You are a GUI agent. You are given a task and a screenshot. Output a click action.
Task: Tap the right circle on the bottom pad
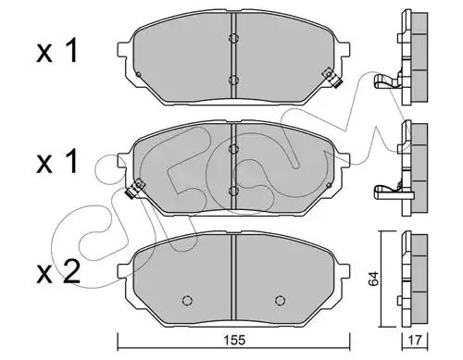(x=281, y=300)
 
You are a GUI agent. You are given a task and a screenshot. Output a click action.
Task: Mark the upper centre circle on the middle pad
(x=233, y=144)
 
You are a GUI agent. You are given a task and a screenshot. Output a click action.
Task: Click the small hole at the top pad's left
(x=138, y=75)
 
